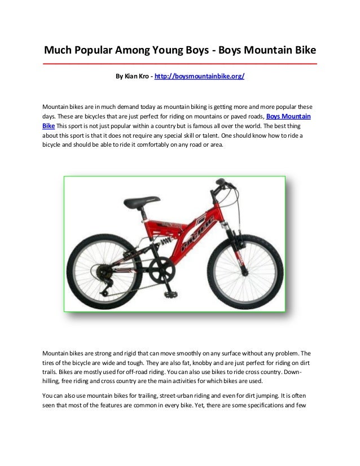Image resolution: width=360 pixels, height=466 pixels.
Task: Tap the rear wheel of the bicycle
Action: click(x=104, y=272)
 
